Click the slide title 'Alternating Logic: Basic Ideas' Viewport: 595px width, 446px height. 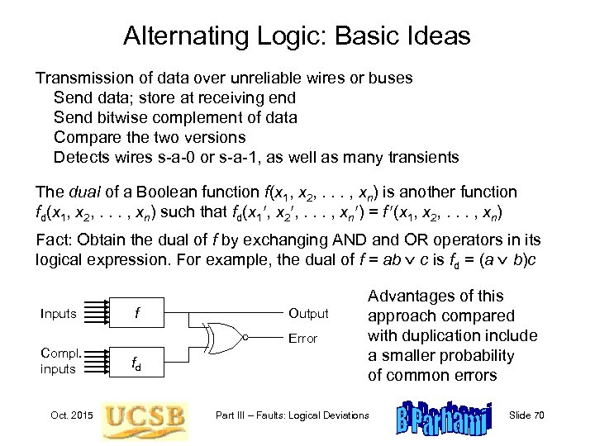297,36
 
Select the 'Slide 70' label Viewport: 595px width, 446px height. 550,415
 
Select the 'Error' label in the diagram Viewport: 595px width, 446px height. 302,339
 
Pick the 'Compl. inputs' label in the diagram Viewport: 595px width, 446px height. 59,360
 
